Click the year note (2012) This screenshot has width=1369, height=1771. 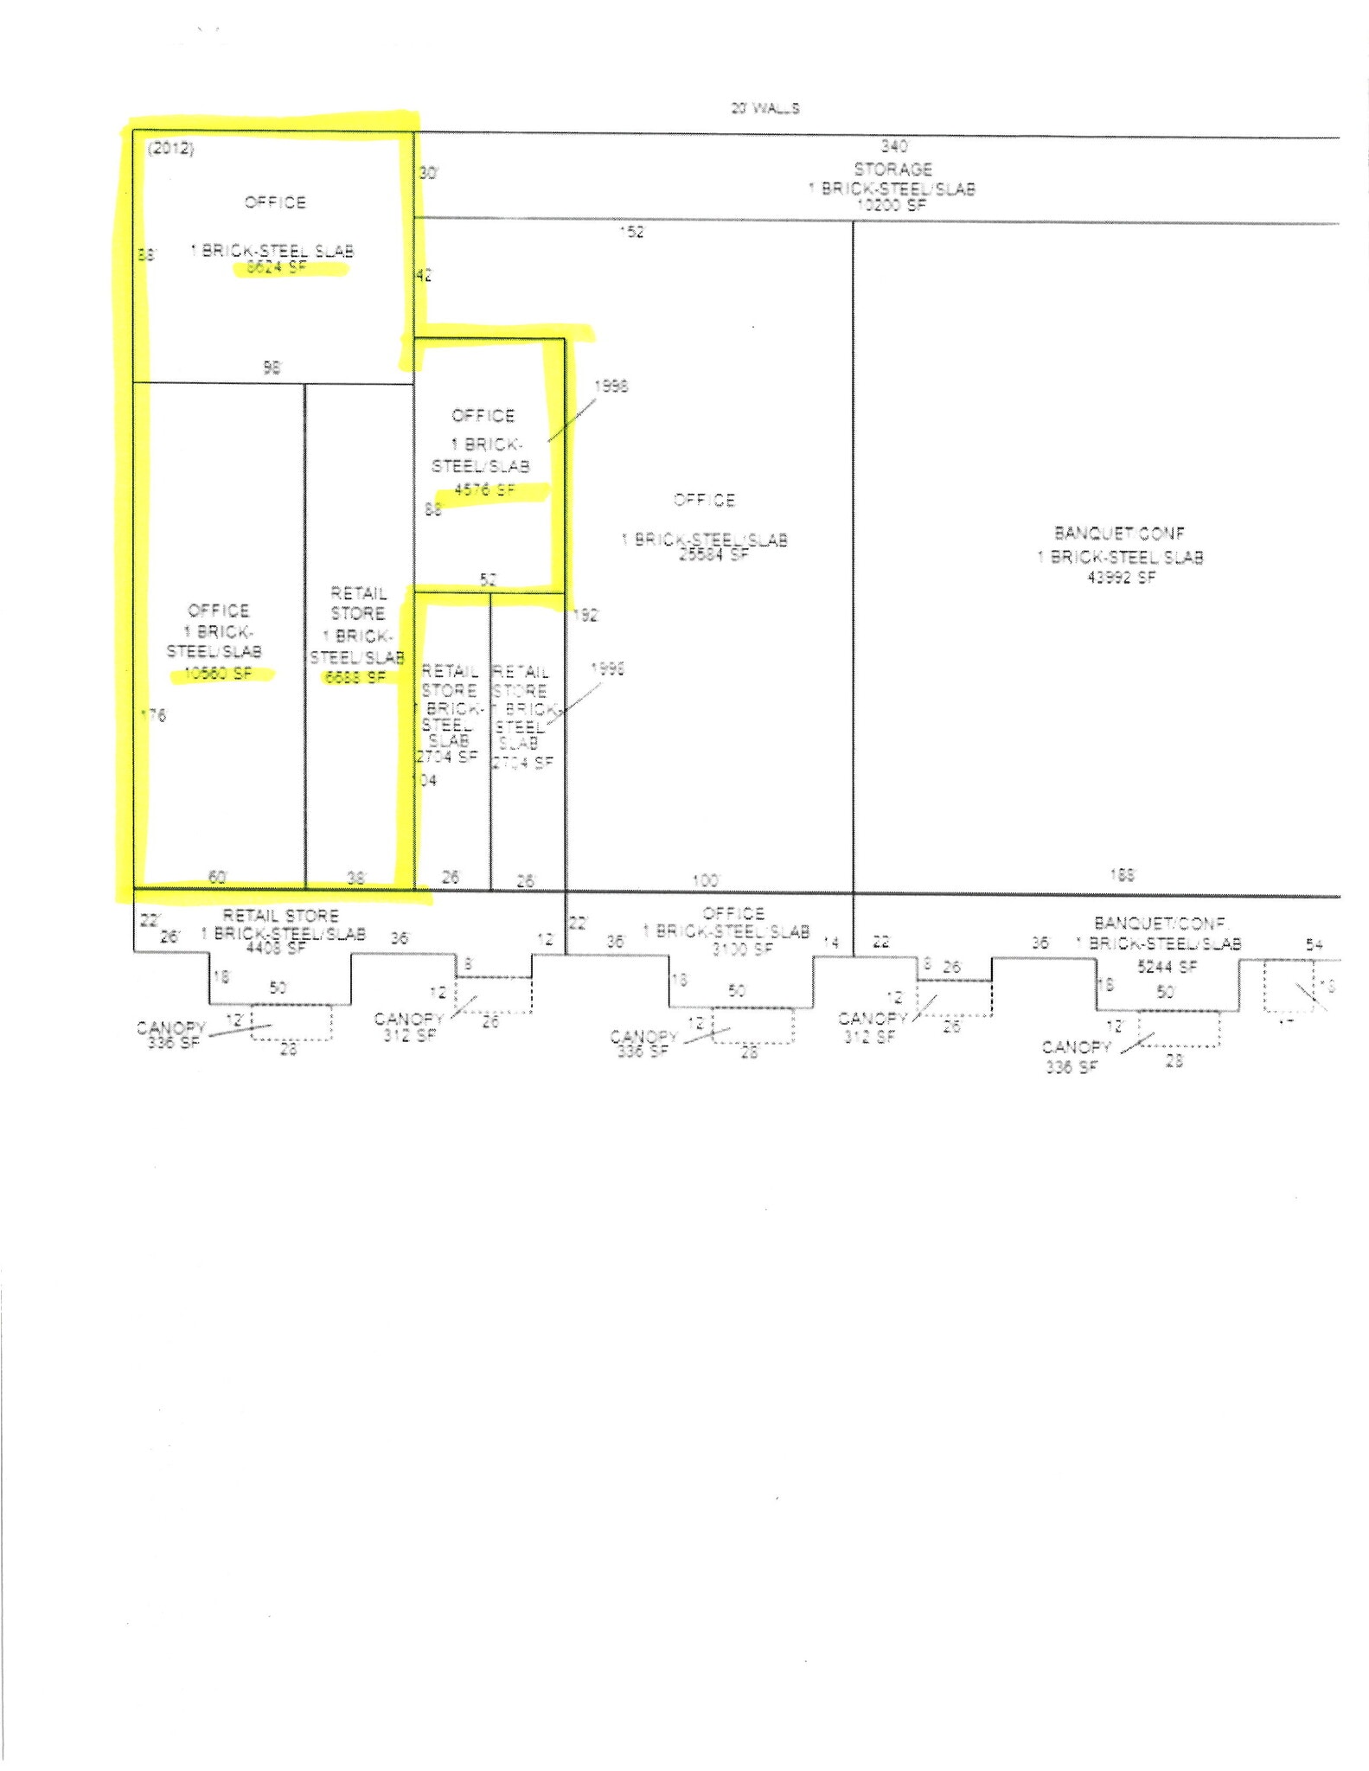tap(170, 149)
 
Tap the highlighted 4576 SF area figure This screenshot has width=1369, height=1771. tap(484, 489)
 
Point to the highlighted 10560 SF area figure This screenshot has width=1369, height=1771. tap(218, 674)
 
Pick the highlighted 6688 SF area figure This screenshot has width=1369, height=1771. tap(355, 678)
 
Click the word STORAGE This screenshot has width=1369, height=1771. tap(892, 169)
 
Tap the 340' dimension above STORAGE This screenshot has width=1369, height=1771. tap(894, 146)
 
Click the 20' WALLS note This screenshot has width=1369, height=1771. tap(764, 108)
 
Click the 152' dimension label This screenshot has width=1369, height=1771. tap(632, 232)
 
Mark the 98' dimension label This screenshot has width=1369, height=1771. tap(272, 368)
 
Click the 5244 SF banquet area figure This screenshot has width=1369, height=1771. tap(1166, 967)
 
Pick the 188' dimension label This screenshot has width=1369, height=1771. tap(1122, 875)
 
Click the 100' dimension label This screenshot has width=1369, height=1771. tap(706, 880)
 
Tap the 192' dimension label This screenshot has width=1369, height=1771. tap(585, 615)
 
